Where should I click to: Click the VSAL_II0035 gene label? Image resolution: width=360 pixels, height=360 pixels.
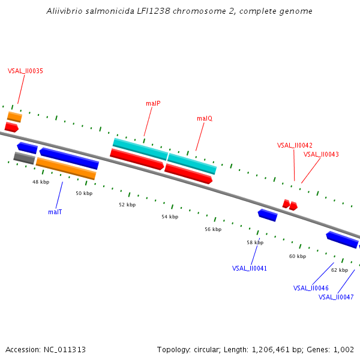point(25,71)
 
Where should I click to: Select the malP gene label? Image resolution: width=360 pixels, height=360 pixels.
point(153,103)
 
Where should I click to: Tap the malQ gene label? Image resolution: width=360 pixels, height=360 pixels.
point(205,119)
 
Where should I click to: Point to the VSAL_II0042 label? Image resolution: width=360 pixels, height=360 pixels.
point(295,145)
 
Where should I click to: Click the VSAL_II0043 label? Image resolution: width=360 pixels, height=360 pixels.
point(321,154)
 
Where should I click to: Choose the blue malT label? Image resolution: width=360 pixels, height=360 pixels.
point(55,212)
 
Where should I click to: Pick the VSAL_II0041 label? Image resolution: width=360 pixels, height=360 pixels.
point(250,268)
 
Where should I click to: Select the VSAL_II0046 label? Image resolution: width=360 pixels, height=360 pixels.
point(311,288)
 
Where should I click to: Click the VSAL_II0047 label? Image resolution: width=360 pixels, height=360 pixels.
point(336,297)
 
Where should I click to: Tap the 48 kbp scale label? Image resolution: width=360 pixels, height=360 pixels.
point(41,182)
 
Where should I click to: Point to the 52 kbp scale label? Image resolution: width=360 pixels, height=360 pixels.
point(127,205)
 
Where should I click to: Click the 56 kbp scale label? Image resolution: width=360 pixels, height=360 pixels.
point(213,229)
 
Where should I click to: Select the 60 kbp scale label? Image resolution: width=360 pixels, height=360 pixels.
point(298,256)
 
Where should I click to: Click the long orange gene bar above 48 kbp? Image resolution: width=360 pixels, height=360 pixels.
point(66,169)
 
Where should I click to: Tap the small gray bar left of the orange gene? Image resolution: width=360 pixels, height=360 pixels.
point(24,158)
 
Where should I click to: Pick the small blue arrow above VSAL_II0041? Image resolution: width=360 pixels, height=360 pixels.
point(268,215)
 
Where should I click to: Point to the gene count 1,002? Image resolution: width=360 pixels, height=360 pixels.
point(344,349)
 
